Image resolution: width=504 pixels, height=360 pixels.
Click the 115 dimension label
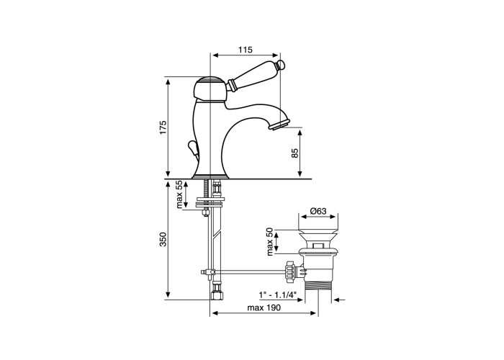246,50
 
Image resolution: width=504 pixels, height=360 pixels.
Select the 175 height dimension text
163,127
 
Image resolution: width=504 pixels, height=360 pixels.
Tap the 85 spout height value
294,153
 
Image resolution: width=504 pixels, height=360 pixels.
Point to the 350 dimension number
163,239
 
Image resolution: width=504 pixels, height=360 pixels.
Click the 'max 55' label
179,194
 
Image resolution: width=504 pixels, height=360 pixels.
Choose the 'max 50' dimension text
270,241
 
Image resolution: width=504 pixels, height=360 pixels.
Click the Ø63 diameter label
318,211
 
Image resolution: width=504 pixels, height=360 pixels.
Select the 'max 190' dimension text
264,307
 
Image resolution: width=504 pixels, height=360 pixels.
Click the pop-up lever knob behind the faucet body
192,148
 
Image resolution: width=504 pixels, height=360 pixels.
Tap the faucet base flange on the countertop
210,176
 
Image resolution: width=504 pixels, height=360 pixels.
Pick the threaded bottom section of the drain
318,285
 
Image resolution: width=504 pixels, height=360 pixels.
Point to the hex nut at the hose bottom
216,294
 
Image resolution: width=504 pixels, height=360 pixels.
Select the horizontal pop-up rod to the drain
248,272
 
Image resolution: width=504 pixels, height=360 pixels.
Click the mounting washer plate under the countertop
210,204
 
